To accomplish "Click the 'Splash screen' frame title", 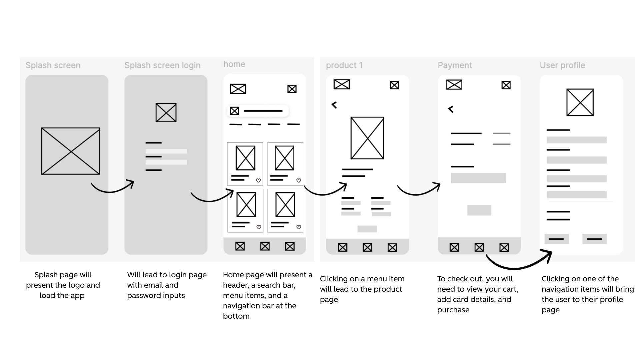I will click(53, 65).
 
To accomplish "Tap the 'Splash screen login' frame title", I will click(162, 65).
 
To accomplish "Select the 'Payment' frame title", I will click(455, 65).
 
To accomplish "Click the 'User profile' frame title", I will click(562, 65).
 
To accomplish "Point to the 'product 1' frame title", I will click(344, 65).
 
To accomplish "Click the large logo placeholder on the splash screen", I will click(70, 151).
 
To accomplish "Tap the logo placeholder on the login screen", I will click(166, 113).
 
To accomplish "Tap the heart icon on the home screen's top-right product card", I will click(299, 180).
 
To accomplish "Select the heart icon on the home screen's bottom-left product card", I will click(259, 227).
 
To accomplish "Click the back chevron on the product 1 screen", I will click(334, 105).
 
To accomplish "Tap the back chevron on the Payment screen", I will click(451, 109).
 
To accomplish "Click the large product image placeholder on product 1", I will click(367, 138).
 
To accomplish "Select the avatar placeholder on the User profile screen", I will click(580, 102).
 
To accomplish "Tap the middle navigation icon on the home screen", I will click(265, 246).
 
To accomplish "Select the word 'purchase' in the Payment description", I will click(453, 310).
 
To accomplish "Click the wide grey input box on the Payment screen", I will click(478, 178).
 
